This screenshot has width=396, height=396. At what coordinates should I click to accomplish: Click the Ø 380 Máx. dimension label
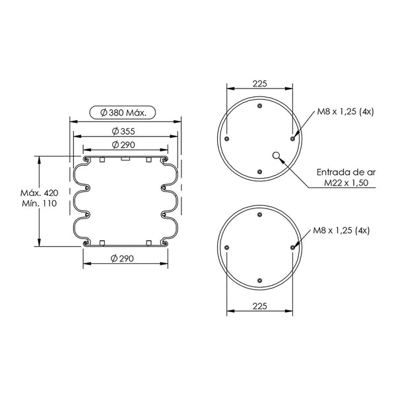[123, 113]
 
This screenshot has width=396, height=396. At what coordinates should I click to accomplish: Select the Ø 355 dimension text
[123, 131]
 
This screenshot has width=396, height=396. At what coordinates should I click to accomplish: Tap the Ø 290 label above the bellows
[123, 145]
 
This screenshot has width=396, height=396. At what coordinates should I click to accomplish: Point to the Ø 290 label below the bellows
[122, 259]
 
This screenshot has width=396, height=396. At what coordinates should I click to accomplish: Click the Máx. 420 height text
[40, 193]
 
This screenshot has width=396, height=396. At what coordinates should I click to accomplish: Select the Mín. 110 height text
[40, 203]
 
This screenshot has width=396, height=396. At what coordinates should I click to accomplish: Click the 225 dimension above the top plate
[259, 84]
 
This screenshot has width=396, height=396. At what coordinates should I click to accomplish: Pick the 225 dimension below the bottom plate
[259, 306]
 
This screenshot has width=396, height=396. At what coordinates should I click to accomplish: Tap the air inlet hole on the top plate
[277, 155]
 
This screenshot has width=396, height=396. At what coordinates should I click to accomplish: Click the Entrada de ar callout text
[346, 172]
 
